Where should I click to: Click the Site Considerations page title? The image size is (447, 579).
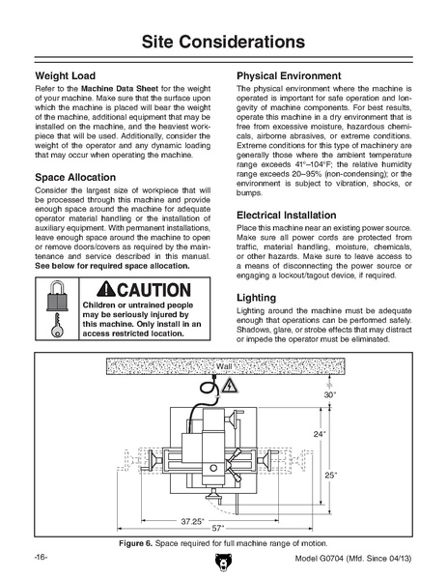(223, 42)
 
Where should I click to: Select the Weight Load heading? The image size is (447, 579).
(66, 76)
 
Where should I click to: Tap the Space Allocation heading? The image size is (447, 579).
(75, 177)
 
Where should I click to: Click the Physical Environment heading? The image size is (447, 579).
(289, 76)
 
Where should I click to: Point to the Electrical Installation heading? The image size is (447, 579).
(287, 215)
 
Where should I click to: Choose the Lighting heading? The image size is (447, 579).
(256, 298)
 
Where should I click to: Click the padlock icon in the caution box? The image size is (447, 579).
(57, 296)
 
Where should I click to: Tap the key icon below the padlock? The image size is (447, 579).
(57, 326)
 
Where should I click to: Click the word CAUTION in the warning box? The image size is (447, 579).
(154, 290)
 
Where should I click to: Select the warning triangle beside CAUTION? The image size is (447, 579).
(106, 289)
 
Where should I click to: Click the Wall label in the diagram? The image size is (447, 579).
(224, 366)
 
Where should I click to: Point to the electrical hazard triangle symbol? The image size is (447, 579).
(230, 386)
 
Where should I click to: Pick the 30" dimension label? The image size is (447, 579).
(330, 394)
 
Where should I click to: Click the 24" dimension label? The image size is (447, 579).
(320, 434)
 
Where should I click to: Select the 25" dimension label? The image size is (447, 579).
(331, 475)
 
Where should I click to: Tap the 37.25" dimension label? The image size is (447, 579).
(192, 521)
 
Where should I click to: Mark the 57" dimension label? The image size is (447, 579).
(218, 529)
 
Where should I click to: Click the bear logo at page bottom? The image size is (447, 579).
(223, 562)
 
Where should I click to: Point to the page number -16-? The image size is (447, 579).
(41, 557)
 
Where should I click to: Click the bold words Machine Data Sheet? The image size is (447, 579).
(120, 89)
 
